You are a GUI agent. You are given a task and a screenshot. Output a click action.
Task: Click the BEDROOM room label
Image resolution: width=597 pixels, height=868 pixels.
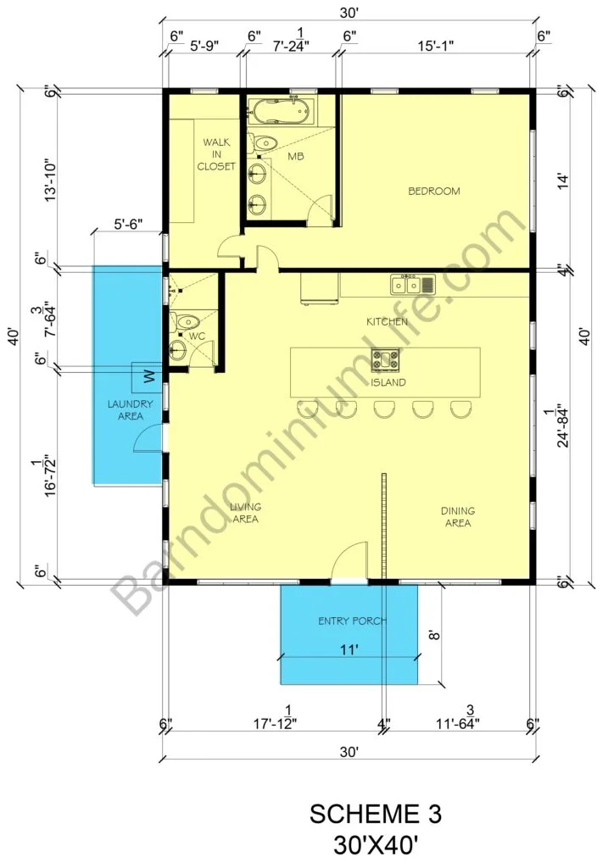[x=433, y=191]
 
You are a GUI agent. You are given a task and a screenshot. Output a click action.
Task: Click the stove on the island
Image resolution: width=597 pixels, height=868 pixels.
[x=385, y=359]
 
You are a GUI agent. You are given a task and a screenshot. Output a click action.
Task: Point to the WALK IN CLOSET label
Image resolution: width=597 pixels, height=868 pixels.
[x=216, y=154]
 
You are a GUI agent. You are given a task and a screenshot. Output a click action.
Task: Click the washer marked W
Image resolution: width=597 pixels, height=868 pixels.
[x=147, y=377]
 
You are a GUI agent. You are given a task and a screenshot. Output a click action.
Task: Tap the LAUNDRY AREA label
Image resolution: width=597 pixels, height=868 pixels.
[x=130, y=409]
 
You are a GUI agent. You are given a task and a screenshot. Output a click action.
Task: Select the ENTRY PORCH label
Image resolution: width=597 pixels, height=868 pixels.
[x=352, y=621]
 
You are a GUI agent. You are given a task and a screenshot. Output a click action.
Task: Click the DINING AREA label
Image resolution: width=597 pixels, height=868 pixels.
[x=458, y=516]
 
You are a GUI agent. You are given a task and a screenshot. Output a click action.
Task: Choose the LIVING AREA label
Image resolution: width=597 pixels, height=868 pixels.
[x=245, y=513]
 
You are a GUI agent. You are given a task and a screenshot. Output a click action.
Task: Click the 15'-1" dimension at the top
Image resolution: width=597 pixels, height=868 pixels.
[x=435, y=46]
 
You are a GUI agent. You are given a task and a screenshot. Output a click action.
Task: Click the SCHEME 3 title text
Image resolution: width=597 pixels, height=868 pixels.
[x=376, y=814]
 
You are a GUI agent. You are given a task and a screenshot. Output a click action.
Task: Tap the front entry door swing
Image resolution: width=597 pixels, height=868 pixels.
[x=349, y=560]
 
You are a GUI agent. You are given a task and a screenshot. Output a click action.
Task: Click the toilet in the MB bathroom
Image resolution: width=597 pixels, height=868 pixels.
[x=262, y=142]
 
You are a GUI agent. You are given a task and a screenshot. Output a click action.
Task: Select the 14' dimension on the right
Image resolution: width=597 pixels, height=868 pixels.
[x=563, y=181]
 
